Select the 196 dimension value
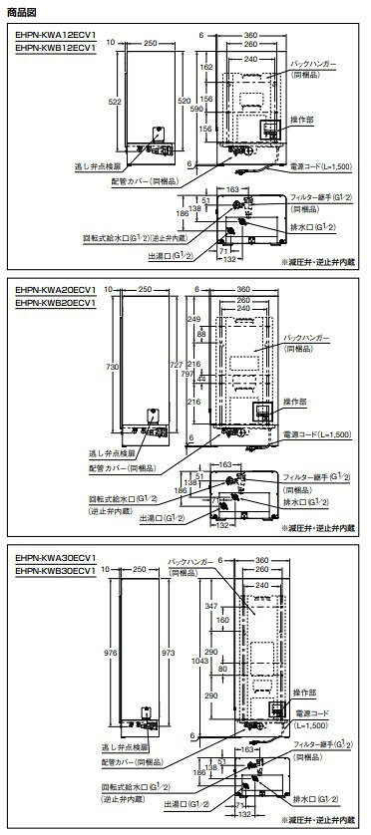pyautogui.click(x=206, y=98)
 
